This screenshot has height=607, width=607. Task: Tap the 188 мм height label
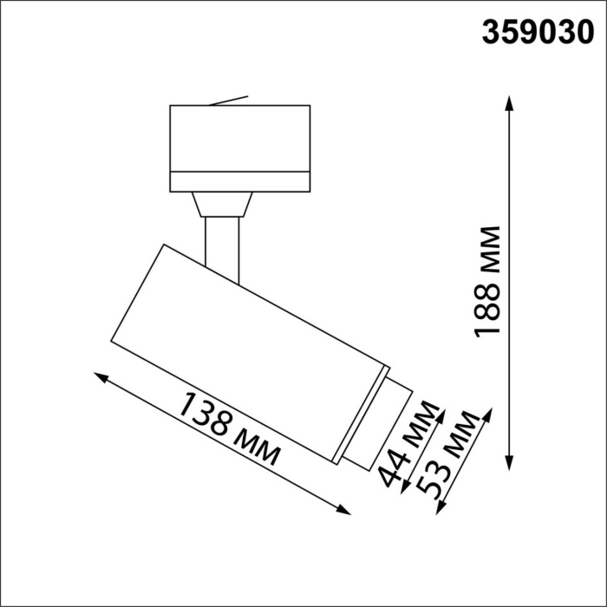coord(489,282)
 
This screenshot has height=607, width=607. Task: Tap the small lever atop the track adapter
coord(231,101)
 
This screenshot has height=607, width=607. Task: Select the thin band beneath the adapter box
coord(239,181)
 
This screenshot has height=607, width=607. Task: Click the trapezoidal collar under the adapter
coord(223,204)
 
